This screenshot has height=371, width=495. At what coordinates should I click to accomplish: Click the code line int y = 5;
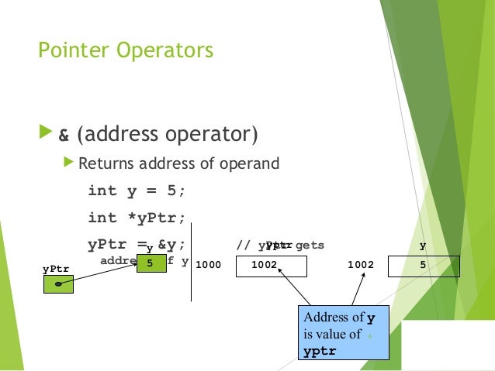point(137,191)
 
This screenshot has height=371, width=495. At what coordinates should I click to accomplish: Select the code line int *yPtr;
point(137,218)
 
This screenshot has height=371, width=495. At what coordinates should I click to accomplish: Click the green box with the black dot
point(58,283)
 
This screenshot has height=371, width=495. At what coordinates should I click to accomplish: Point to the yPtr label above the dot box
point(55,269)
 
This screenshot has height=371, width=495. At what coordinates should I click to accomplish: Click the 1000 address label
point(208,265)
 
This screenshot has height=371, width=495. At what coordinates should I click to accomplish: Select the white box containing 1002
point(268,266)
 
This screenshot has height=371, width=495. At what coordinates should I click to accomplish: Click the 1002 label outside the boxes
point(360,265)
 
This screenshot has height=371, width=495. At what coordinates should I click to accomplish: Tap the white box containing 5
point(424,266)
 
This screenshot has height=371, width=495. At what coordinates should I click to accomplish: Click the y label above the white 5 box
point(423,246)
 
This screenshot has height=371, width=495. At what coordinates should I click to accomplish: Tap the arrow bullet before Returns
point(69,163)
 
